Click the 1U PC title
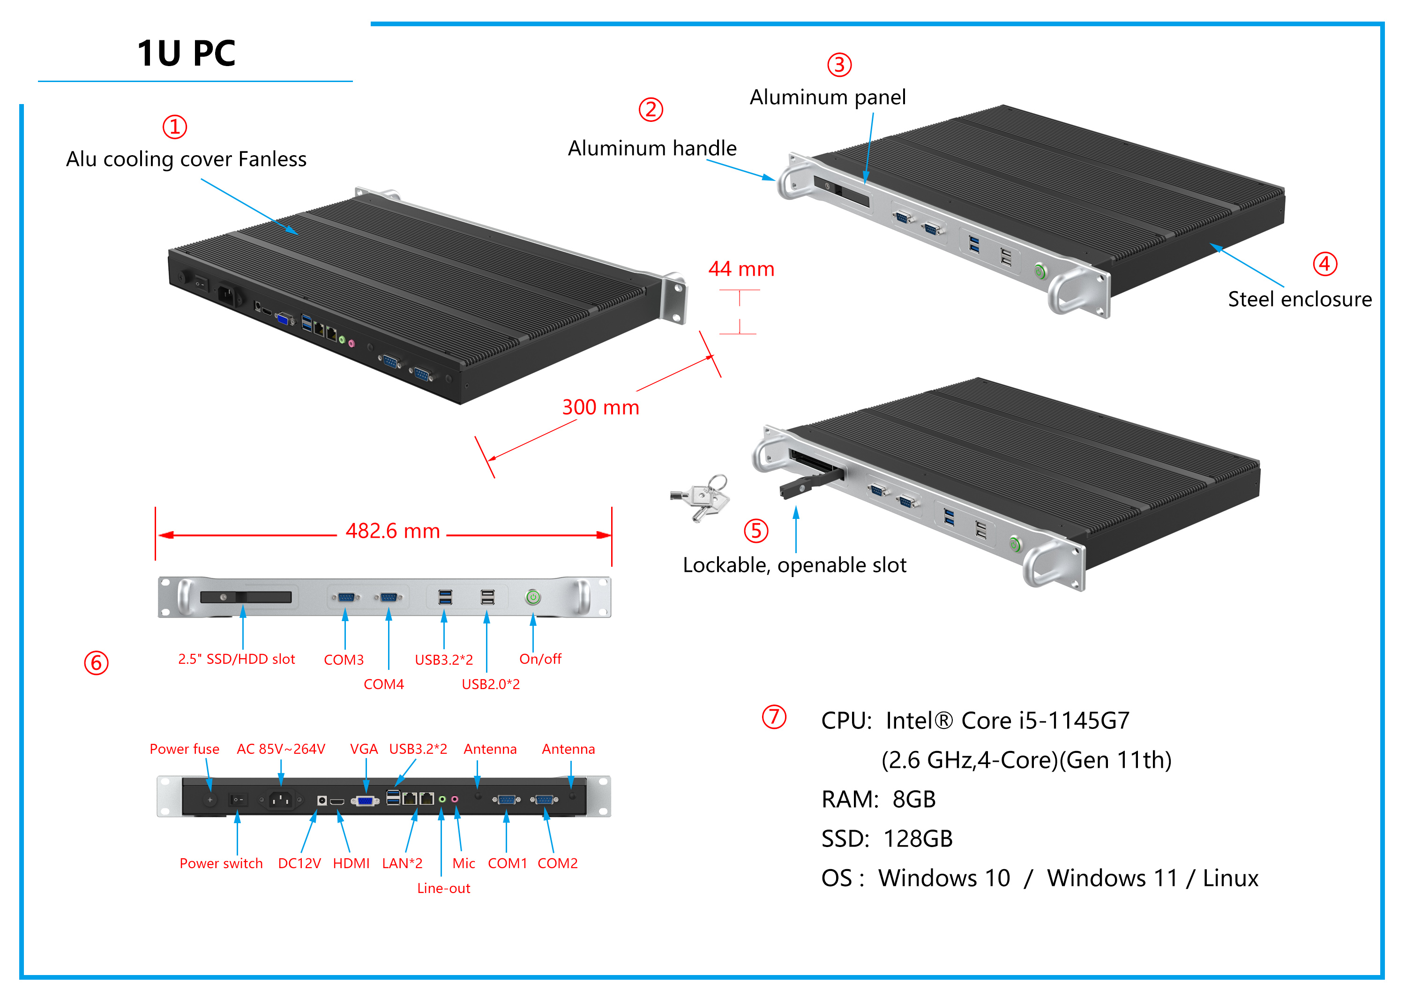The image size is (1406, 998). [186, 53]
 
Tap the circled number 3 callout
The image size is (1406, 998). [839, 65]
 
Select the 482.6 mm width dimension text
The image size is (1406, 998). [392, 531]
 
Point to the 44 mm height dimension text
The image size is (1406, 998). [741, 269]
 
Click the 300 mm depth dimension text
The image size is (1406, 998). [600, 407]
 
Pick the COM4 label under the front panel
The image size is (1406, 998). [383, 684]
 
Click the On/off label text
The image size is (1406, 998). [540, 659]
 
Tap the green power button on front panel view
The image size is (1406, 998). [532, 597]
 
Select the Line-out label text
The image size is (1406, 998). [443, 888]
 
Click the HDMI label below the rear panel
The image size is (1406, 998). [351, 863]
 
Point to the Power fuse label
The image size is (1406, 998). [184, 749]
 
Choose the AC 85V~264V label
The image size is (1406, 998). [281, 749]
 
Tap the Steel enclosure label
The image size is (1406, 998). [1299, 299]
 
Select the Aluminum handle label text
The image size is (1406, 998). [652, 148]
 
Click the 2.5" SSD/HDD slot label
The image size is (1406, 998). [237, 659]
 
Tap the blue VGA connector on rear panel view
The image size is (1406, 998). [366, 801]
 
